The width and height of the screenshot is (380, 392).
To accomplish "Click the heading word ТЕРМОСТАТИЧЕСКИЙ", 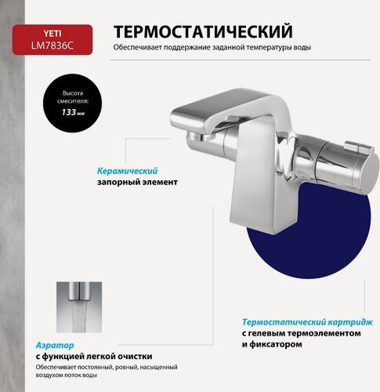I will click(204, 32).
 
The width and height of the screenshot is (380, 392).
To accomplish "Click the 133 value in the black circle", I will click(71, 112).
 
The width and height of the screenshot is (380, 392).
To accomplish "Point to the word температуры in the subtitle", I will click(257, 48).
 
